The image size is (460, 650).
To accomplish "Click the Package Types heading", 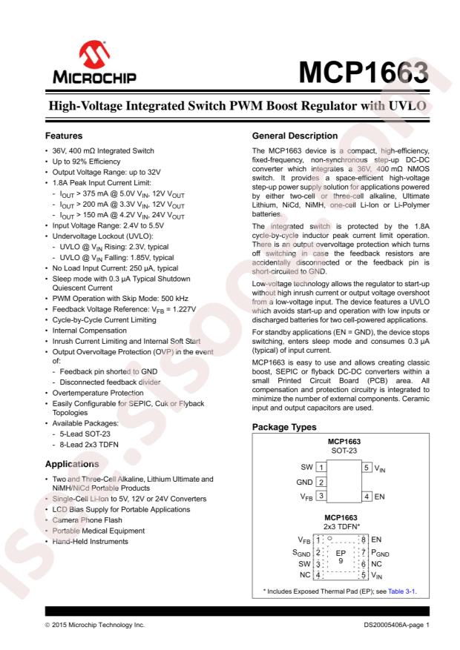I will [286, 428].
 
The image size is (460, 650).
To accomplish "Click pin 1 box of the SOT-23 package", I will [321, 467].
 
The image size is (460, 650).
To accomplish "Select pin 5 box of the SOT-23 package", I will [367, 467].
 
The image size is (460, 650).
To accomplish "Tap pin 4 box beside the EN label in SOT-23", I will [367, 495].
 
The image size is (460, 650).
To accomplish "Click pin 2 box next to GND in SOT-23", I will [321, 481].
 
